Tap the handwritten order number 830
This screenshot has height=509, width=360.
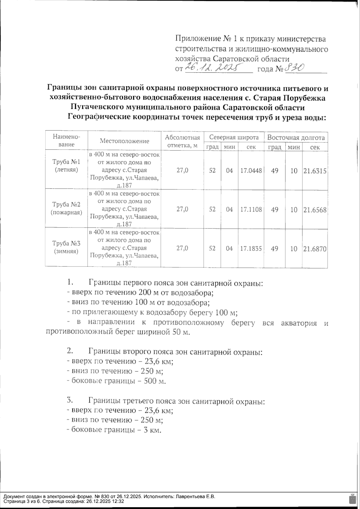coord(295,68)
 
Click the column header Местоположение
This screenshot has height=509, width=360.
coord(124,141)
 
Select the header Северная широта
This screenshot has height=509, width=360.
coord(234,138)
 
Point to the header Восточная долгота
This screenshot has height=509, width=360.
coord(296,138)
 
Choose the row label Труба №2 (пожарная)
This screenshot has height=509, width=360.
coord(66,209)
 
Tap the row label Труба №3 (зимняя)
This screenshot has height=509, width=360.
coord(66,247)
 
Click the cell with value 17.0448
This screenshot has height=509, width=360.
coord(251,171)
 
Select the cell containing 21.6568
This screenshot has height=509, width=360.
coord(315,210)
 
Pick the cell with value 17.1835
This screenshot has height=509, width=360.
coord(251,249)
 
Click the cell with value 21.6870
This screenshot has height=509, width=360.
coord(315,249)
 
